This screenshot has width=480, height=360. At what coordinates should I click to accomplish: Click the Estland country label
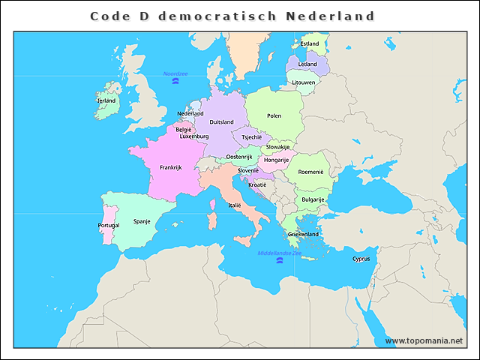pyautogui.click(x=310, y=44)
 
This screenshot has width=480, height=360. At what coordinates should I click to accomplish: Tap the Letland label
pyautogui.click(x=308, y=64)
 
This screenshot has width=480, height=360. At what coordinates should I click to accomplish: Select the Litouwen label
pyautogui.click(x=304, y=82)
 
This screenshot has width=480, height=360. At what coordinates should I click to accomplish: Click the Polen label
pyautogui.click(x=274, y=115)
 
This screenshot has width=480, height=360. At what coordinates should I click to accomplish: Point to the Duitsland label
pyautogui.click(x=221, y=121)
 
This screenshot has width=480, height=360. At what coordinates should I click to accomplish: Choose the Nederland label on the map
pyautogui.click(x=190, y=114)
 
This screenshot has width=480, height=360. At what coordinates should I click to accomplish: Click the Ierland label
pyautogui.click(x=106, y=100)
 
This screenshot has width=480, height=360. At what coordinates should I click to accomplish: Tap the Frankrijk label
pyautogui.click(x=171, y=168)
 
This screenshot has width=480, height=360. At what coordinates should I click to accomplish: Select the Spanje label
pyautogui.click(x=142, y=221)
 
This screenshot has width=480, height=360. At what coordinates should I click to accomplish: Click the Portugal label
pyautogui.click(x=109, y=226)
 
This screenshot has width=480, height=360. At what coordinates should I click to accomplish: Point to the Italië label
pyautogui.click(x=235, y=205)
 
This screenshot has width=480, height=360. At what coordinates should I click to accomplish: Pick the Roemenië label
pyautogui.click(x=310, y=172)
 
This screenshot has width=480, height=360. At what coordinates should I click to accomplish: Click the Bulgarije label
pyautogui.click(x=313, y=199)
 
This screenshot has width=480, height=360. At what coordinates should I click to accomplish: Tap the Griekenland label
pyautogui.click(x=304, y=234)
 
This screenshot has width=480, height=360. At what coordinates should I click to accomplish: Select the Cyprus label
pyautogui.click(x=361, y=259)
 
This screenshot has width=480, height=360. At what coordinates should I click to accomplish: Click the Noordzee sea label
pyautogui.click(x=175, y=73)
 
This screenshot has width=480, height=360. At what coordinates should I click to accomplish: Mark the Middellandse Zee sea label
pyautogui.click(x=280, y=253)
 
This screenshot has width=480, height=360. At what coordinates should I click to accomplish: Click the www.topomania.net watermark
pyautogui.click(x=424, y=340)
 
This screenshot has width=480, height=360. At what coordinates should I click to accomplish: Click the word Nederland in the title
pyautogui.click(x=330, y=16)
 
